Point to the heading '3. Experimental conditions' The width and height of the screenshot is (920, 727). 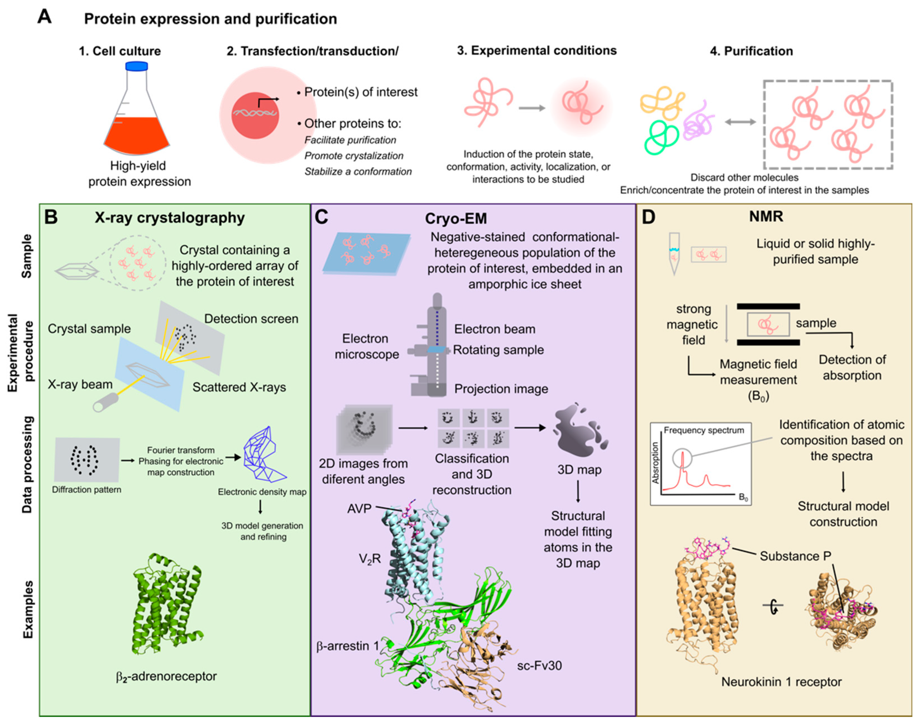tap(536, 51)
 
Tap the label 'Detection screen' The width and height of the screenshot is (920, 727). tap(251, 319)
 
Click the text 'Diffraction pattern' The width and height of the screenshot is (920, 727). tap(87, 490)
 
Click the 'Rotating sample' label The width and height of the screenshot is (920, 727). tap(498, 350)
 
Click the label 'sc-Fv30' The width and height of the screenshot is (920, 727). tap(539, 665)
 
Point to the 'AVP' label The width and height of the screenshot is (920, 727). tap(359, 509)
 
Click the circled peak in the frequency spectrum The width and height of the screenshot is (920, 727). tap(682, 459)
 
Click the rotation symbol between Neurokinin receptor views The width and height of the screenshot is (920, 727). tap(772, 606)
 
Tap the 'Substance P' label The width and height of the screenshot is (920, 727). tap(795, 556)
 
